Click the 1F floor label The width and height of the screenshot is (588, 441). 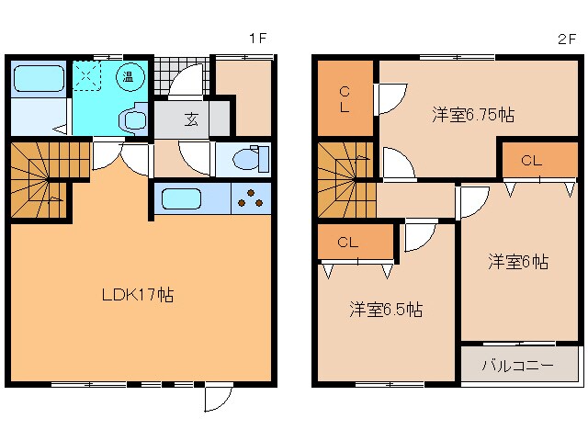pyautogui.click(x=257, y=39)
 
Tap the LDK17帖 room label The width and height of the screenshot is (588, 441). pyautogui.click(x=138, y=295)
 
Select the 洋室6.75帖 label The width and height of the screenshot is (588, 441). pyautogui.click(x=473, y=115)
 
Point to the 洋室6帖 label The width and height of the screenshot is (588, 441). pyautogui.click(x=517, y=262)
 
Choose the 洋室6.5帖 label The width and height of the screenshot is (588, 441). pyautogui.click(x=386, y=310)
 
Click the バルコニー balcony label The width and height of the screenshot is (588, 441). pyautogui.click(x=519, y=365)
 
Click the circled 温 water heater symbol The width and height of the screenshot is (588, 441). pyautogui.click(x=130, y=77)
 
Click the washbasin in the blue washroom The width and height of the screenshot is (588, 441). pyautogui.click(x=131, y=119)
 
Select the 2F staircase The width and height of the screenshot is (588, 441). pyautogui.click(x=345, y=178)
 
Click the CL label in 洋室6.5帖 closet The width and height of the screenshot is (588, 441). pyautogui.click(x=347, y=243)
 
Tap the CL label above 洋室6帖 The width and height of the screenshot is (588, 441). pyautogui.click(x=532, y=161)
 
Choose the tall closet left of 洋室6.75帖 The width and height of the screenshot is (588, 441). pyautogui.click(x=345, y=96)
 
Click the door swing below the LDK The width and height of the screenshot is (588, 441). pyautogui.click(x=216, y=398)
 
